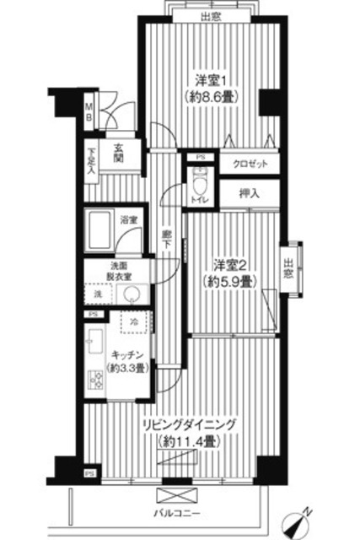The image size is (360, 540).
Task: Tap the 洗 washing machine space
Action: point(98,294)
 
